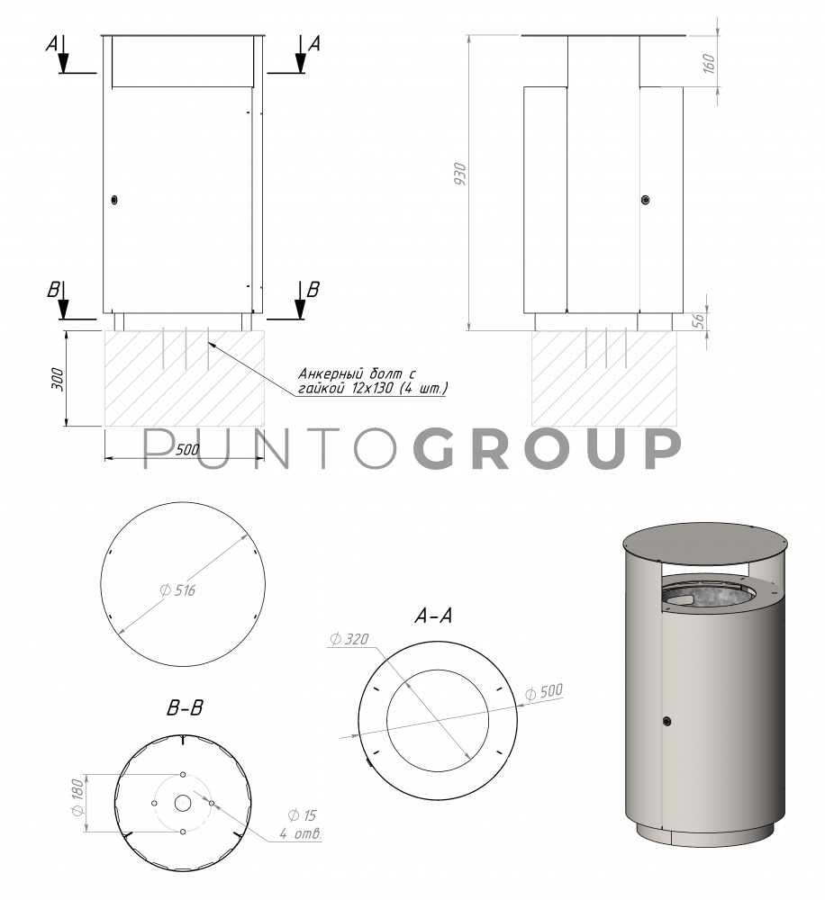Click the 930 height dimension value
click(x=460, y=174)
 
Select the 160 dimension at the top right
click(x=709, y=63)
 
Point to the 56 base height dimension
click(x=699, y=321)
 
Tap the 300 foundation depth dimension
click(x=58, y=380)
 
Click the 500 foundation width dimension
click(x=186, y=450)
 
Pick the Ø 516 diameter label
click(x=177, y=590)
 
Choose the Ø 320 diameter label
click(x=349, y=639)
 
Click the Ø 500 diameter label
click(x=543, y=691)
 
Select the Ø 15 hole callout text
click(x=303, y=815)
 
